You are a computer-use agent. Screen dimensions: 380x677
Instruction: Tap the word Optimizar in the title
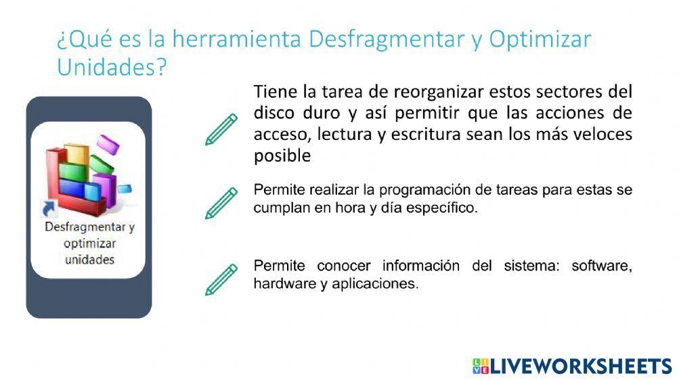(540, 39)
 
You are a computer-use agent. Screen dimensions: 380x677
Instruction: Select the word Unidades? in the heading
(111, 68)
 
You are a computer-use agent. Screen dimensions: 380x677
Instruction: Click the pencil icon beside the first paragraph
(221, 129)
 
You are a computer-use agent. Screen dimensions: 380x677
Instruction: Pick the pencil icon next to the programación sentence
(221, 203)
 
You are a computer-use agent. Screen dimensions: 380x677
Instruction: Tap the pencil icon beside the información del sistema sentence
(221, 279)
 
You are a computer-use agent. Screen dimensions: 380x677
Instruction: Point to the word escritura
(424, 134)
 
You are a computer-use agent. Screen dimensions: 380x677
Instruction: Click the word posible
(282, 156)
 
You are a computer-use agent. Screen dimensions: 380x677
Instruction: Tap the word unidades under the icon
(89, 260)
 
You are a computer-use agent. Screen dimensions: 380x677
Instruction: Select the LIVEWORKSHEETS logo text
(580, 366)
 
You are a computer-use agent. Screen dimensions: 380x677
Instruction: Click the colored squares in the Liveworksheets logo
(479, 366)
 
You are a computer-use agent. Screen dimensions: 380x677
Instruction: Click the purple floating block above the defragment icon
(107, 143)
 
